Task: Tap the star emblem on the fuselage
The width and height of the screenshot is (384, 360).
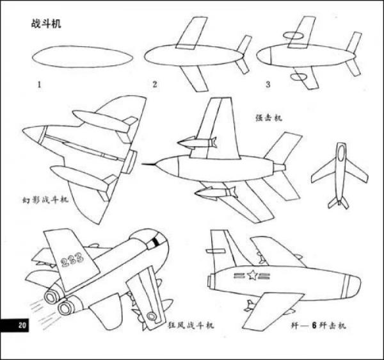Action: coord(252,277)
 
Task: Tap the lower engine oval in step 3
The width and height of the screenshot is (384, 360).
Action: coord(298,78)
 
